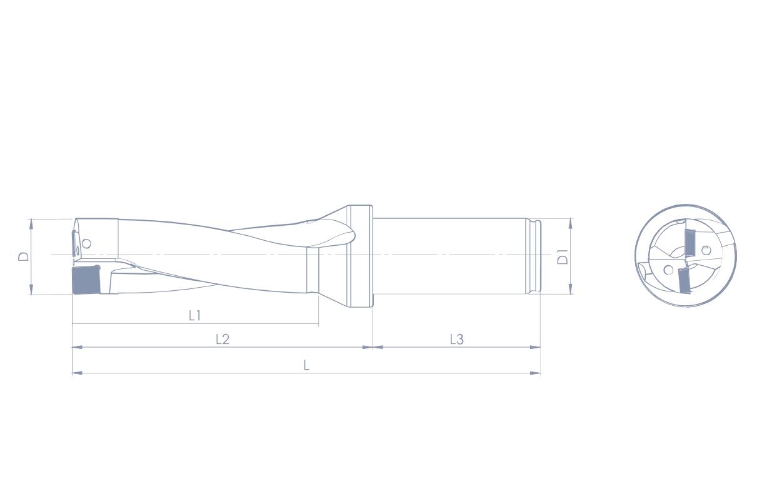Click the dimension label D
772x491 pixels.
point(23,256)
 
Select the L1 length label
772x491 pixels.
point(195,315)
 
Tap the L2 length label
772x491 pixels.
point(223,339)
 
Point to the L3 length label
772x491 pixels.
point(457,340)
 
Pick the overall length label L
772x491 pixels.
point(306,365)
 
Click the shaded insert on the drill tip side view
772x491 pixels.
point(86,280)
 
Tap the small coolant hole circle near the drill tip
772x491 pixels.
point(86,244)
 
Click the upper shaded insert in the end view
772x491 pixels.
point(689,243)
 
